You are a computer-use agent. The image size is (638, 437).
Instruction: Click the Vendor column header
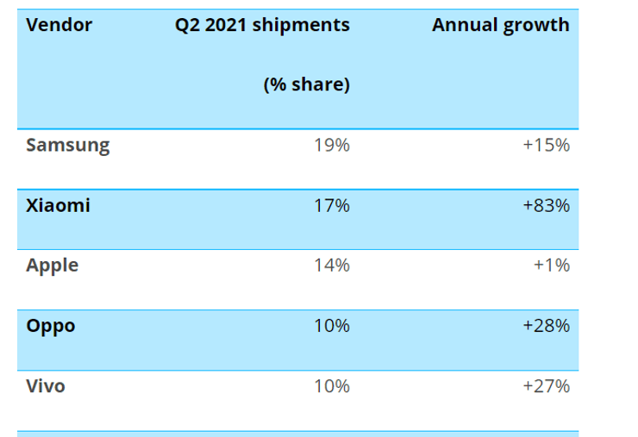pyautogui.click(x=59, y=25)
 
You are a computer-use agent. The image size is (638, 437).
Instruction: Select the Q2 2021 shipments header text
pyautogui.click(x=262, y=25)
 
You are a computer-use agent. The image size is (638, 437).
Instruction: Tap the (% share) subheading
pyautogui.click(x=306, y=85)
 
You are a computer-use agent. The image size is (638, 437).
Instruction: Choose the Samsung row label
pyautogui.click(x=68, y=145)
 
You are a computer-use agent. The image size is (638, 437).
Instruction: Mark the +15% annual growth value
pyautogui.click(x=546, y=145)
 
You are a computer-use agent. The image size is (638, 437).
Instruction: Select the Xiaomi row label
pyautogui.click(x=58, y=205)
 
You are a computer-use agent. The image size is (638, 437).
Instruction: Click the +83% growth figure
pyautogui.click(x=546, y=205)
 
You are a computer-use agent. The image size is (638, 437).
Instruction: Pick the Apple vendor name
pyautogui.click(x=53, y=265)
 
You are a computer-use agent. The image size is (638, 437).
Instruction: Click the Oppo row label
pyautogui.click(x=51, y=326)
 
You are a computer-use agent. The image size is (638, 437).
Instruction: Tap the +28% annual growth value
pyautogui.click(x=546, y=326)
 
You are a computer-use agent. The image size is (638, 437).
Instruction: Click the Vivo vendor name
pyautogui.click(x=46, y=386)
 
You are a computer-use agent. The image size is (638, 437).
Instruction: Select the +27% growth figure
pyautogui.click(x=546, y=386)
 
